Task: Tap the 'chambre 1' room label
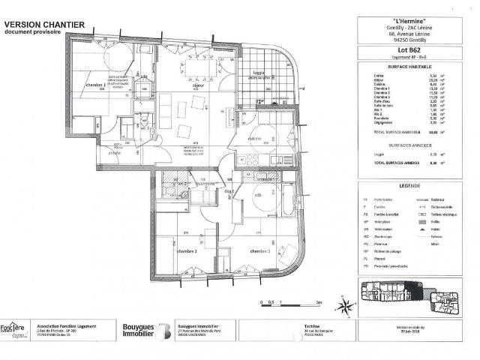94,85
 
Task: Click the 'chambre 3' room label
260,251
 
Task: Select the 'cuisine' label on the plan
253,139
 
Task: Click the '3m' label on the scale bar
318,301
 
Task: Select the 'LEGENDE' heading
410,184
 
